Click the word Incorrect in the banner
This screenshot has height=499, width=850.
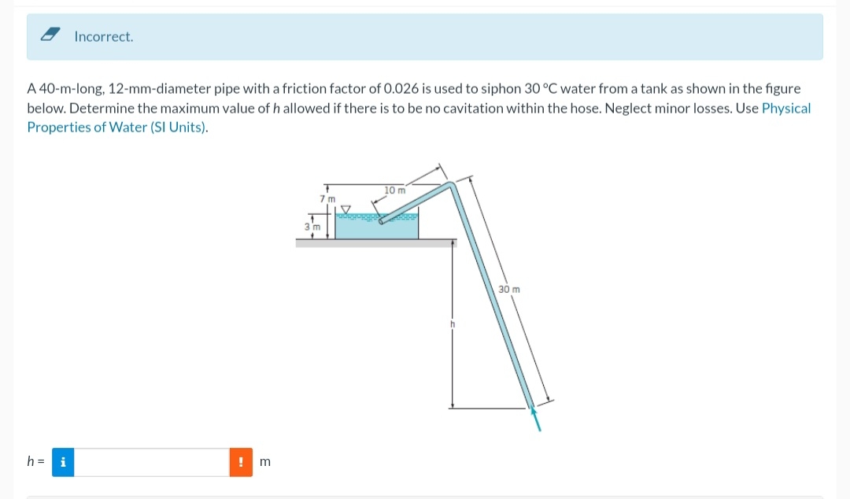(104, 37)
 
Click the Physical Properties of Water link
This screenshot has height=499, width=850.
(785, 109)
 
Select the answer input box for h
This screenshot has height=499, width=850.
(152, 462)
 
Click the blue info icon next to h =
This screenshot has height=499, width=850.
(63, 462)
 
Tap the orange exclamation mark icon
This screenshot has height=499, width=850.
(240, 462)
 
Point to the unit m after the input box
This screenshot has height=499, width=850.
(264, 462)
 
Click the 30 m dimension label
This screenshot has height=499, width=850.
(509, 290)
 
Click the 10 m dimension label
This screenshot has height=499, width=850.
(395, 190)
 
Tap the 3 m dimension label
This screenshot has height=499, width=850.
(311, 227)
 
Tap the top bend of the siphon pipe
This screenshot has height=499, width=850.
(449, 187)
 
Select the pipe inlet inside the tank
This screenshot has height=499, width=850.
(382, 221)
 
